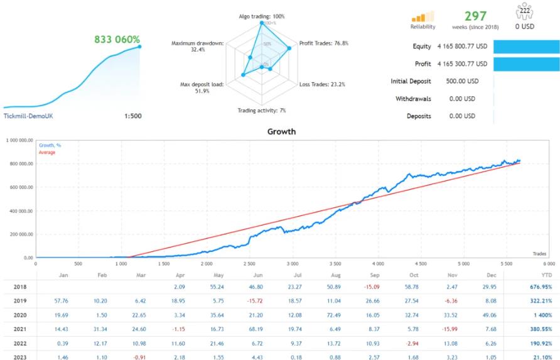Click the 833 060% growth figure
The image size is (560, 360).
[117, 39]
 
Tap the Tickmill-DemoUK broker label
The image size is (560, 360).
[29, 116]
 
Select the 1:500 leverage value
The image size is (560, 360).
[132, 116]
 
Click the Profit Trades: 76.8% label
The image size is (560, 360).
[324, 43]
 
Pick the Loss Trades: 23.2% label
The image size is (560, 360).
[322, 84]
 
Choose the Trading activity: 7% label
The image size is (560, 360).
[262, 111]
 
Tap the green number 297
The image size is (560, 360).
[475, 16]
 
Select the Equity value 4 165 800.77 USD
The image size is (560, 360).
[462, 46]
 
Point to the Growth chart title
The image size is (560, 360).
[281, 133]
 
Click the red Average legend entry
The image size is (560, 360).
[47, 152]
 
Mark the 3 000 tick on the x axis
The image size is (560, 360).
[292, 264]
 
